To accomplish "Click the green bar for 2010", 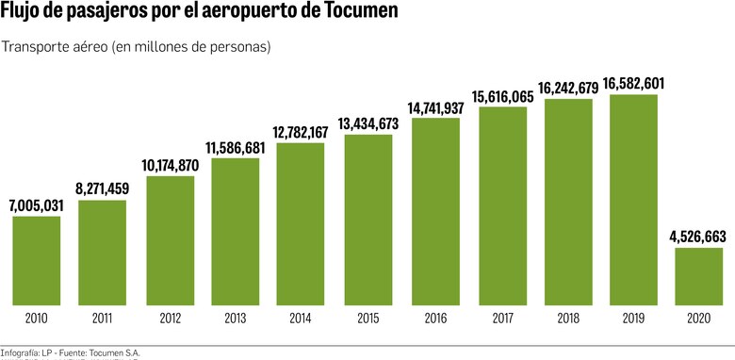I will click(x=36, y=260).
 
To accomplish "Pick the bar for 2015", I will click(x=368, y=220).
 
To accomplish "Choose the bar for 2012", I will click(x=170, y=240).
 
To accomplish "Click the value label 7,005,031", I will click(x=36, y=205).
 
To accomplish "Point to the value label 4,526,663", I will click(x=697, y=237).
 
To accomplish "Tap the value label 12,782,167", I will click(x=302, y=132).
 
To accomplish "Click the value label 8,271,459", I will click(x=102, y=189).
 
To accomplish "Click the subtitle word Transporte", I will click(x=37, y=47).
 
